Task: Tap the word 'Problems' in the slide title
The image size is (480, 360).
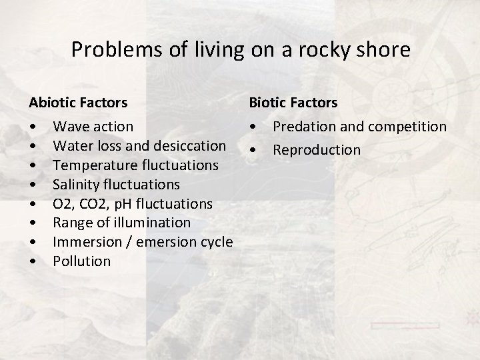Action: pyautogui.click(x=103, y=50)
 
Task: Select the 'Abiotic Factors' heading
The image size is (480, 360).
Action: pyautogui.click(x=78, y=103)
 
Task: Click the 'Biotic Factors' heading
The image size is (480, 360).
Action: pyautogui.click(x=293, y=103)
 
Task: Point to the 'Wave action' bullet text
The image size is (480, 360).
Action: pyautogui.click(x=93, y=126)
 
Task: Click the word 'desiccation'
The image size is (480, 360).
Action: pyautogui.click(x=190, y=145)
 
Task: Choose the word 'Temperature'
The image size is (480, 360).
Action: pyautogui.click(x=91, y=165)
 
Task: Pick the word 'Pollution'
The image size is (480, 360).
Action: pyautogui.click(x=81, y=261)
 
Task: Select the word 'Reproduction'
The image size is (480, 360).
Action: pyautogui.click(x=317, y=150)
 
